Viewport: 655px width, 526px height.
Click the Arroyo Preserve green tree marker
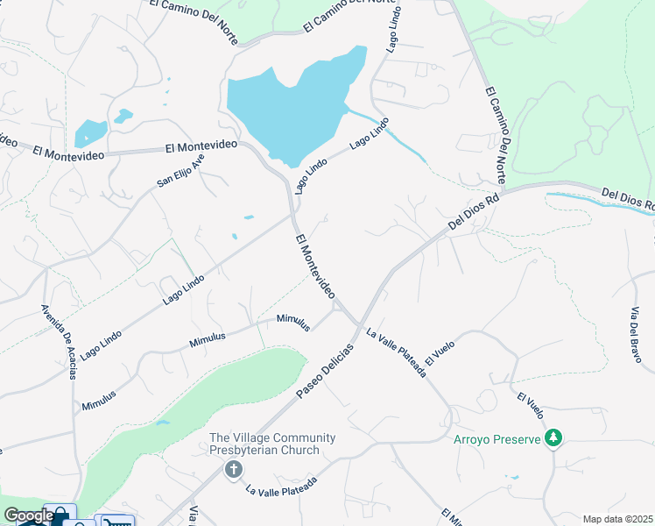(553, 437)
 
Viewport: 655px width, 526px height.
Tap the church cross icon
(233, 469)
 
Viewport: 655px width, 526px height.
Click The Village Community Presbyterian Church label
(271, 444)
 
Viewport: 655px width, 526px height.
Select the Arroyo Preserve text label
(497, 439)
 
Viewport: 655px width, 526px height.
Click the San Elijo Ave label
(180, 170)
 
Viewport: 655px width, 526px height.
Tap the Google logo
(28, 515)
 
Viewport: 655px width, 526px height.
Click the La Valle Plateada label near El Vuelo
(396, 352)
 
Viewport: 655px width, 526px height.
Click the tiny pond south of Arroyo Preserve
(512, 478)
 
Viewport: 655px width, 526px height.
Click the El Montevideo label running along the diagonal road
(315, 264)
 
